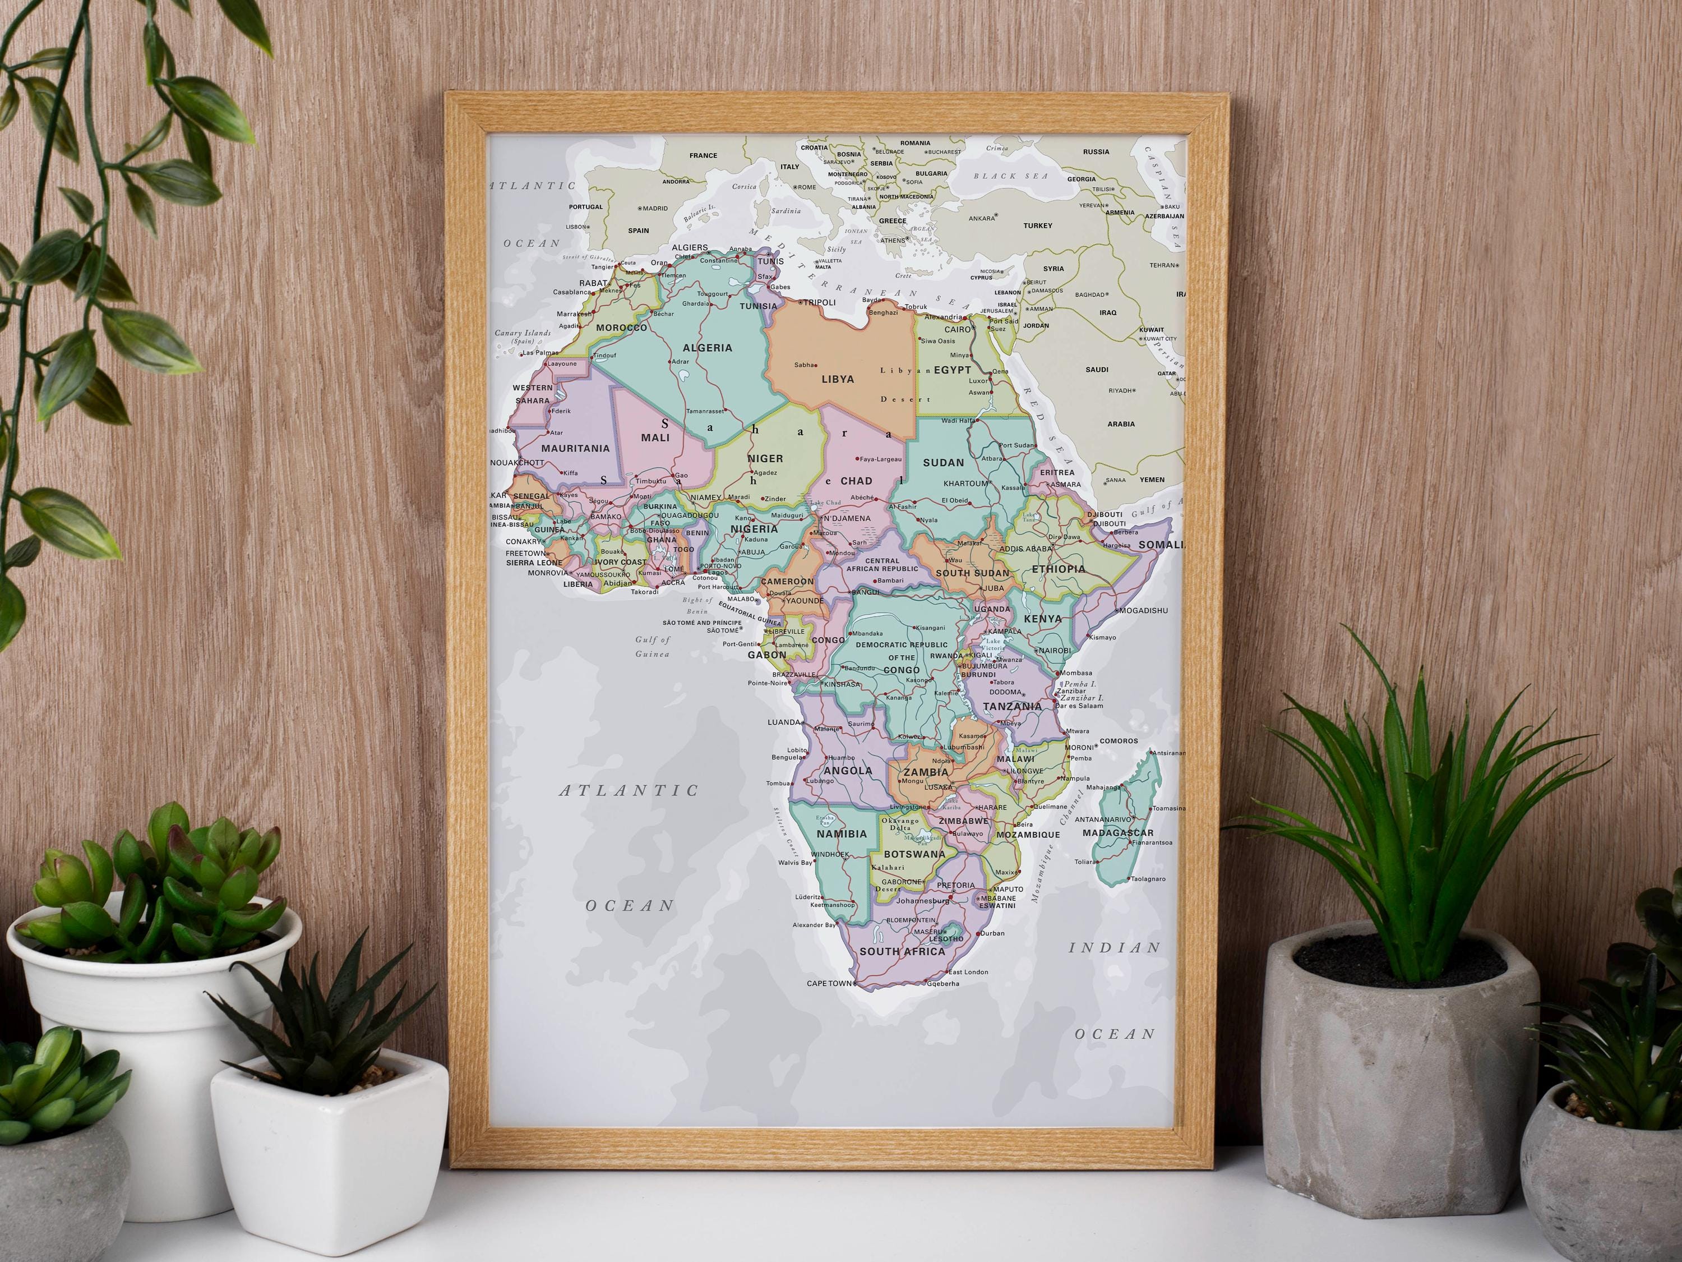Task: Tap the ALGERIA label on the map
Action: click(x=707, y=348)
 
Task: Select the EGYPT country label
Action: click(x=952, y=370)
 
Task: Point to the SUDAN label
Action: click(x=943, y=463)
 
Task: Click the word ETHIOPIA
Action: click(x=1059, y=569)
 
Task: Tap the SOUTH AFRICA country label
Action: click(x=902, y=952)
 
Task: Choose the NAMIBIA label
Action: click(x=841, y=833)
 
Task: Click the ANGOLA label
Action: click(x=848, y=771)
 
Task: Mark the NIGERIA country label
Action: click(x=754, y=529)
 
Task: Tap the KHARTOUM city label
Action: click(x=965, y=484)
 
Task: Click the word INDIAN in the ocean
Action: click(x=1115, y=948)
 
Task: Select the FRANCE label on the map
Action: click(x=703, y=156)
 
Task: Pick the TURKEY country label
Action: click(x=1037, y=226)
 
